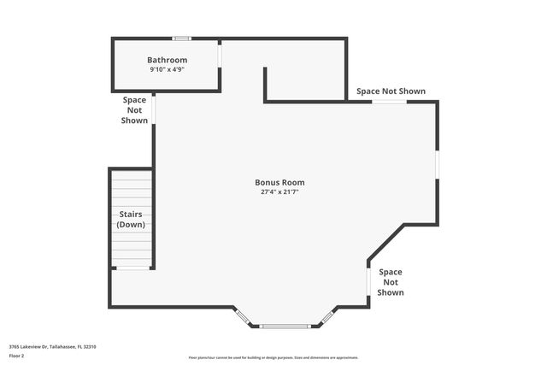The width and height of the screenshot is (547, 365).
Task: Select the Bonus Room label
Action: pyautogui.click(x=279, y=182)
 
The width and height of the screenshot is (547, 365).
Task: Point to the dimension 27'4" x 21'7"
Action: pyautogui.click(x=279, y=192)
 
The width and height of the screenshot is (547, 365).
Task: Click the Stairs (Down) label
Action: pyautogui.click(x=131, y=219)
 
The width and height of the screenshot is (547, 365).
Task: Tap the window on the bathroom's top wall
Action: pyautogui.click(x=181, y=38)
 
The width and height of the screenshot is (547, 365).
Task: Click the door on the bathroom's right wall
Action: pyautogui.click(x=220, y=54)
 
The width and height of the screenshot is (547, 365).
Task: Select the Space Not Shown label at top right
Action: pyautogui.click(x=391, y=91)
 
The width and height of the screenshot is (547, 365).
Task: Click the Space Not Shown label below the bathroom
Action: pyautogui.click(x=134, y=110)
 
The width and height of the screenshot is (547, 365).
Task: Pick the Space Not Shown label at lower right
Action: pyautogui.click(x=391, y=282)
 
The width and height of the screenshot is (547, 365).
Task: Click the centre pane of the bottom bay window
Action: pyautogui.click(x=286, y=326)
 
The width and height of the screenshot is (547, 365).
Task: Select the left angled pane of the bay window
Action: pyautogui.click(x=244, y=317)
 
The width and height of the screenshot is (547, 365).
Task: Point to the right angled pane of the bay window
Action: pyautogui.click(x=327, y=317)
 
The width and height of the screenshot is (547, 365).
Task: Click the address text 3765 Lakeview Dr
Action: pyautogui.click(x=52, y=346)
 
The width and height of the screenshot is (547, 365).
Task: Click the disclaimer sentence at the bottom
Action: pyautogui.click(x=273, y=357)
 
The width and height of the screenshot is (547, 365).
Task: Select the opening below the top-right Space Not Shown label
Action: pyautogui.click(x=389, y=103)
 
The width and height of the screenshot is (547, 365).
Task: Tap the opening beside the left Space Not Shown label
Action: pyautogui.click(x=154, y=110)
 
